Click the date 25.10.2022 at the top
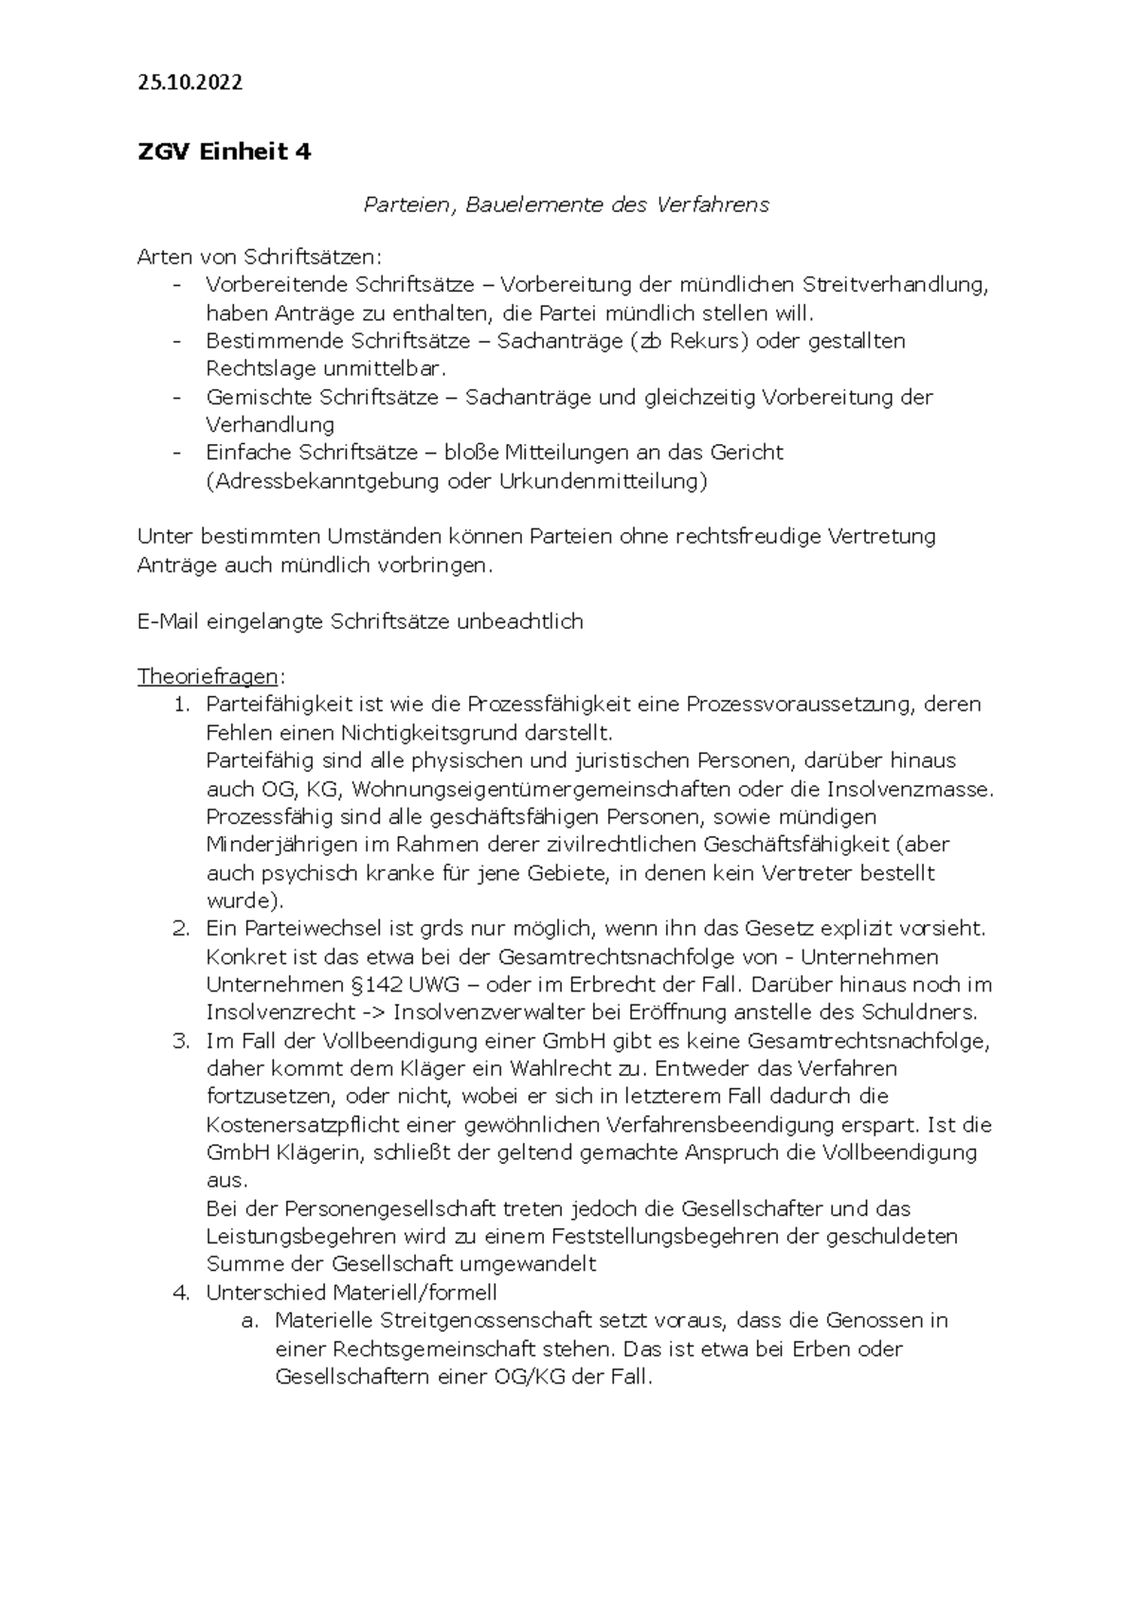(189, 82)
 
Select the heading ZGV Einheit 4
(224, 152)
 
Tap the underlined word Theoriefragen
(208, 677)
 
